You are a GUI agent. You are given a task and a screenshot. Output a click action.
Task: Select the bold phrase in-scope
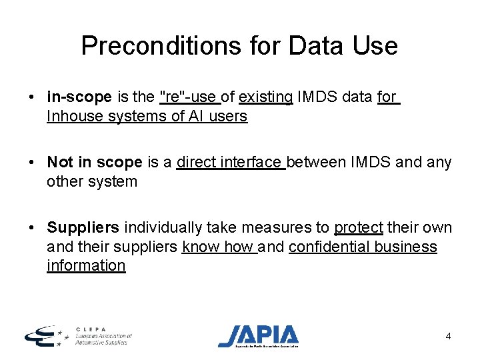pyautogui.click(x=79, y=97)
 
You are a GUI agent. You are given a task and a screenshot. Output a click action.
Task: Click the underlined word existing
pyautogui.click(x=265, y=97)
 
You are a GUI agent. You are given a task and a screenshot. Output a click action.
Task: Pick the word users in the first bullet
pyautogui.click(x=228, y=116)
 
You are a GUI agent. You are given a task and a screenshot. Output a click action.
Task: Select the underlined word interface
pyautogui.click(x=251, y=162)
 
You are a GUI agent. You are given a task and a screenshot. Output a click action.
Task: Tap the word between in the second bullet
pyautogui.click(x=318, y=162)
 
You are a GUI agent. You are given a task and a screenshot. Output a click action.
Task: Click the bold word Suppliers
pyautogui.click(x=83, y=227)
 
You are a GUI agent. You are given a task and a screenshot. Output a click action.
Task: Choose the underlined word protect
pyautogui.click(x=359, y=227)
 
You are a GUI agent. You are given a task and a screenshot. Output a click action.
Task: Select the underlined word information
pyautogui.click(x=86, y=265)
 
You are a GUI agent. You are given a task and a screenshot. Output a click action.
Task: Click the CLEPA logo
pyautogui.click(x=77, y=335)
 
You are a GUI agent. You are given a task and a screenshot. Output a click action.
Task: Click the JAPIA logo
pyautogui.click(x=259, y=335)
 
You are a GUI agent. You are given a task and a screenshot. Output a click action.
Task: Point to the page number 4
pyautogui.click(x=448, y=336)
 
